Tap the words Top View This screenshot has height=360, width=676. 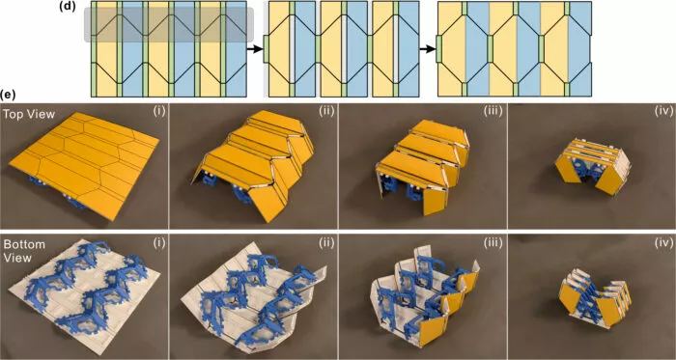click(28, 113)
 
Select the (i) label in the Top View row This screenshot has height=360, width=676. click(158, 112)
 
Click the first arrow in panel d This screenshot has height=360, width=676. click(256, 46)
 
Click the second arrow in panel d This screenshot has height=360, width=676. click(426, 46)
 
